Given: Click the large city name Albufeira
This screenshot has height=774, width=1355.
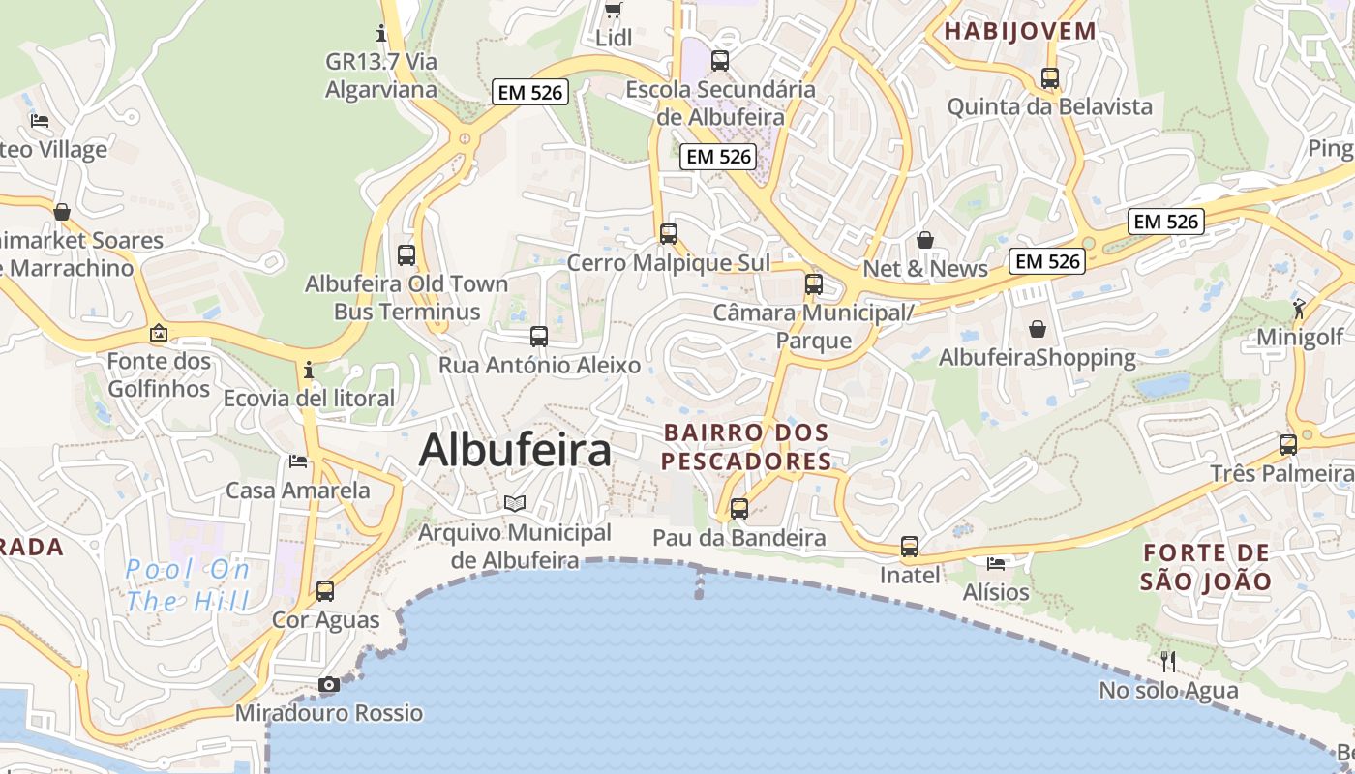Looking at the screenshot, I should [x=515, y=451].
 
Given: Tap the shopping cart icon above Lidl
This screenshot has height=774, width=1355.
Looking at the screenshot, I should [x=613, y=11].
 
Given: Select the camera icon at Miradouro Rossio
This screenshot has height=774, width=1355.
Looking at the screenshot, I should [x=329, y=685].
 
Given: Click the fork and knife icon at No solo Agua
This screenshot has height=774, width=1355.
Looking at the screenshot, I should [x=1168, y=662].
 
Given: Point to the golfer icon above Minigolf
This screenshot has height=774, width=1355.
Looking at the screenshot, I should [x=1299, y=309].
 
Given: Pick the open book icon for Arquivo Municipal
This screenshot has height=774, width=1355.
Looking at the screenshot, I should [x=515, y=503].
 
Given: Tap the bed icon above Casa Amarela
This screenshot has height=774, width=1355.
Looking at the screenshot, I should [x=298, y=461].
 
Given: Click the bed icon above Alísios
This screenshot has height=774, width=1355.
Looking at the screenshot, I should [x=996, y=563].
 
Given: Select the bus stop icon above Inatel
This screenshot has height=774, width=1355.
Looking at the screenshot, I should [x=910, y=547].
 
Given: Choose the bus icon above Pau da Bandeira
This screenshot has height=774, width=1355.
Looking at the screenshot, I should [x=739, y=509].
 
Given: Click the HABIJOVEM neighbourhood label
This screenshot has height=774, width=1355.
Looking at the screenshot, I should [x=1020, y=31].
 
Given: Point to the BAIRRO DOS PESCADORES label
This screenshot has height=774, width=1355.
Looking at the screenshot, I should [x=746, y=446].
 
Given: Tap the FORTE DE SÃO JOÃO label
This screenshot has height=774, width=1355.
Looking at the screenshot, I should [x=1205, y=567].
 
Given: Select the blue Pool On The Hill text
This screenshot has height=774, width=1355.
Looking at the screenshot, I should [x=188, y=584].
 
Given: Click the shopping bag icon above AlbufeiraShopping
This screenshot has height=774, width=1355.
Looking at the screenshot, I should [x=1038, y=330].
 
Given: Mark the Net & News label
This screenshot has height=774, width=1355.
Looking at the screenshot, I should [x=925, y=269].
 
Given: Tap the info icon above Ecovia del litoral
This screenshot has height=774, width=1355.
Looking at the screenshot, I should [x=308, y=370].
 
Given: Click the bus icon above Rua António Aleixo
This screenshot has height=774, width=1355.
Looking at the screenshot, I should [x=539, y=337].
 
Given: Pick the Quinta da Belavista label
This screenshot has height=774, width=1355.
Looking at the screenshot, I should [x=1050, y=106].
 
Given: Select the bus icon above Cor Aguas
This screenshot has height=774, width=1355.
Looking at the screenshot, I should [x=325, y=591].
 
